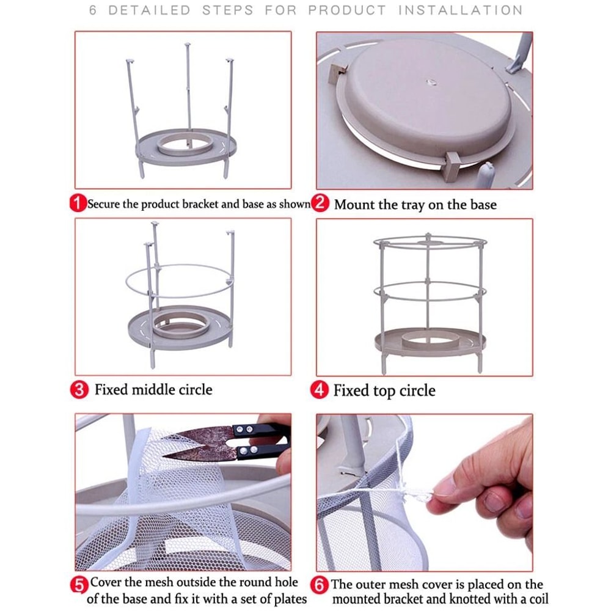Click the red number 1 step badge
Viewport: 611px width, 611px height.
(x=78, y=204)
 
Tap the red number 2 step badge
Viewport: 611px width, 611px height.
(x=320, y=203)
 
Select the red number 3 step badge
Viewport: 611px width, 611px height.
(x=79, y=390)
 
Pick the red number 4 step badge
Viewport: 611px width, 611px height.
(x=320, y=390)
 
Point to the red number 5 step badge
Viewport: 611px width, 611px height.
(x=79, y=585)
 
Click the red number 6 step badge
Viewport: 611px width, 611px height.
(x=320, y=585)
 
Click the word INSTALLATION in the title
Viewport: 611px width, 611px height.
(x=460, y=10)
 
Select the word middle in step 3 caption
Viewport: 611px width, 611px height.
(x=153, y=390)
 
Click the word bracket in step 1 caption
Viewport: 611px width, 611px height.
(x=198, y=204)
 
